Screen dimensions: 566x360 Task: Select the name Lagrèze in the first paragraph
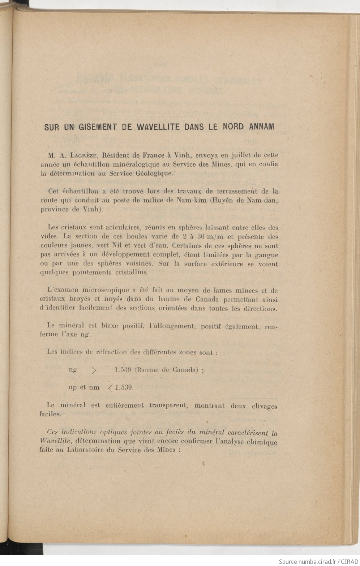click(x=83, y=156)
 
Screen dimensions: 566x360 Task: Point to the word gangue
click(x=266, y=255)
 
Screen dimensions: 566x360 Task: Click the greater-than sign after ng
click(x=94, y=370)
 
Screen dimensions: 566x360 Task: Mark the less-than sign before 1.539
click(x=110, y=388)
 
